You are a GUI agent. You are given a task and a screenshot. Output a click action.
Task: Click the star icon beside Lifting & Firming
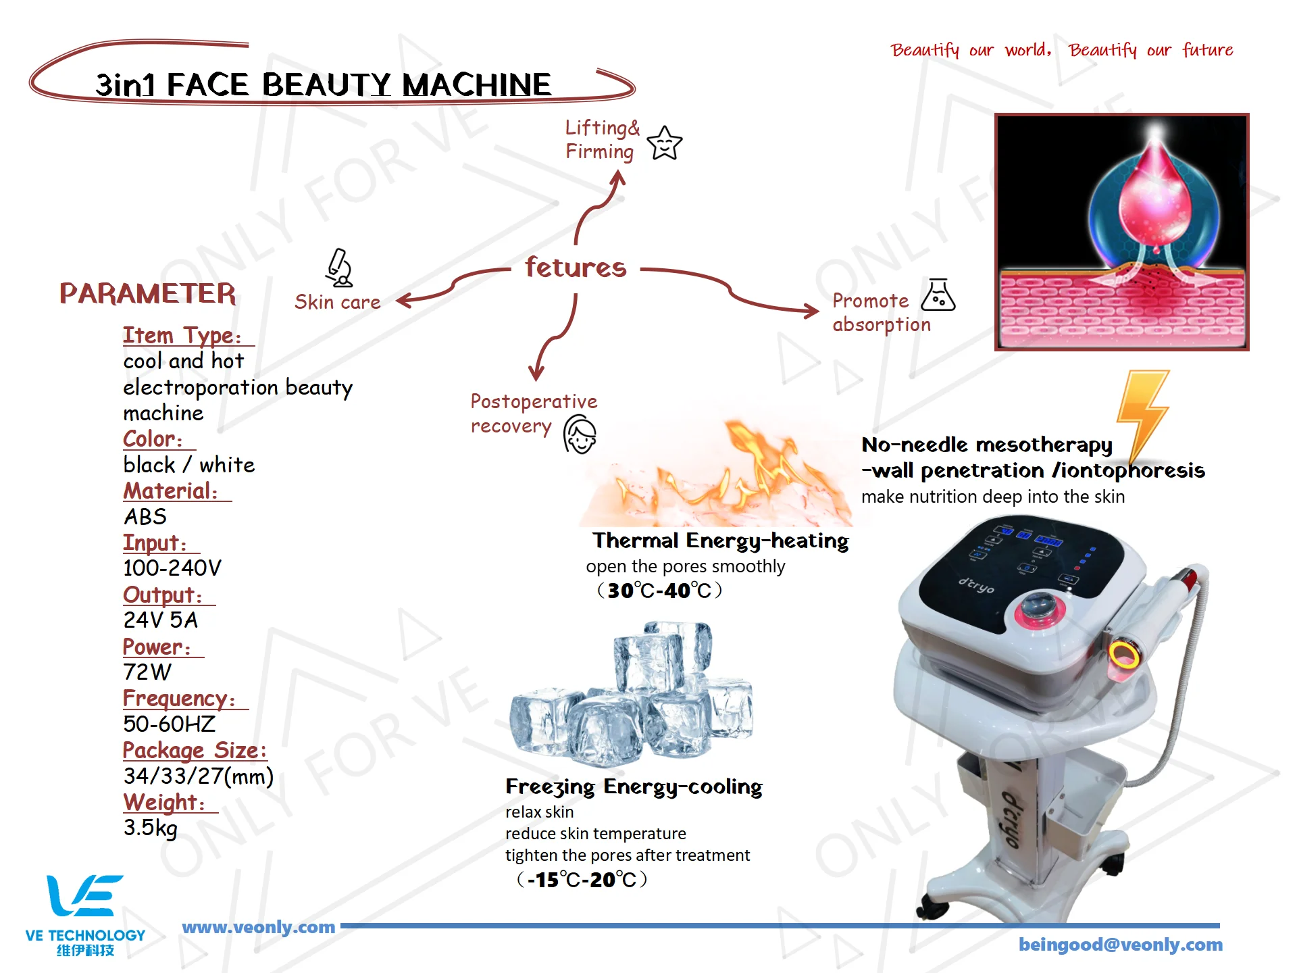coord(665,143)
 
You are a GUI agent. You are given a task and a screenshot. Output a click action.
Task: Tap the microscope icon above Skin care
coord(339,268)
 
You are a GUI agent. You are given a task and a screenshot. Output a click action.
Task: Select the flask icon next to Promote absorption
coord(938,295)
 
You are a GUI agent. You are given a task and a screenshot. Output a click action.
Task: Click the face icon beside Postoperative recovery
coord(580,434)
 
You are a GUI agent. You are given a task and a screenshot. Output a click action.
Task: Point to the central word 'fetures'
coord(576,268)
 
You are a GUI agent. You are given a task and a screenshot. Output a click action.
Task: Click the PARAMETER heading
coord(148,294)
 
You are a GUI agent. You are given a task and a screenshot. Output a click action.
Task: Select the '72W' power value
coord(147,672)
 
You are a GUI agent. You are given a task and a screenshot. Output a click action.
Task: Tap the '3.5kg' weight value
coord(150,828)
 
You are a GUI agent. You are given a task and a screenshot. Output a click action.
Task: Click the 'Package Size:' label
coord(195,751)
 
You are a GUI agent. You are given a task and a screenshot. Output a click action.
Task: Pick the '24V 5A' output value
coord(160,620)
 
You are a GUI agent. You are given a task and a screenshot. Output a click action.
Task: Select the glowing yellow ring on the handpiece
coord(1123,655)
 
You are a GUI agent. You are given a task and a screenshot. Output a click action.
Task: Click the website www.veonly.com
coord(258,927)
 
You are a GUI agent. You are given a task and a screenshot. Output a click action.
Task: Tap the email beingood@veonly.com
coord(1120,945)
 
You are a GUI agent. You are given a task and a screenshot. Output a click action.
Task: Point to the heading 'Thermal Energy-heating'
coord(720,541)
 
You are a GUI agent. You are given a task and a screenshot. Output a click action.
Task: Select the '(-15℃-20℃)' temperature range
coord(582,880)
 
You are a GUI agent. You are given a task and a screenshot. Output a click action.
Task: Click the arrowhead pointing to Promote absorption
coord(811,311)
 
